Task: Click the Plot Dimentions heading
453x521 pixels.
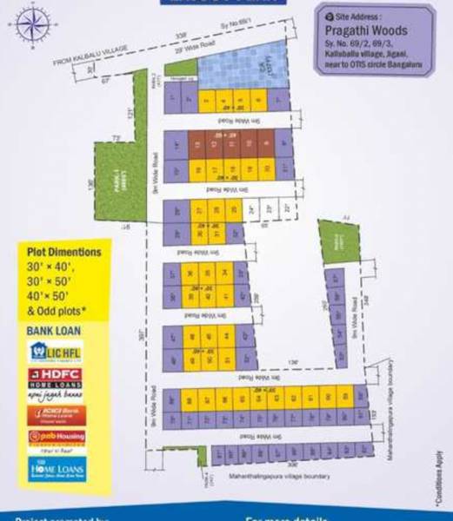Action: tap(58, 252)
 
